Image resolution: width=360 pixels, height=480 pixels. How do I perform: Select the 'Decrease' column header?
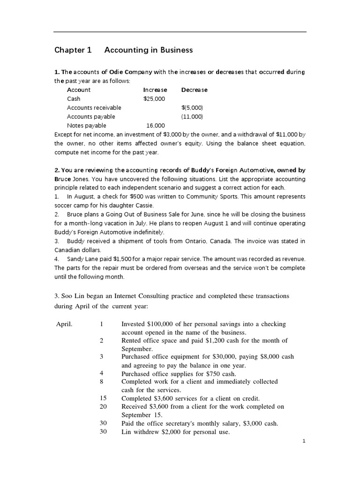point(194,90)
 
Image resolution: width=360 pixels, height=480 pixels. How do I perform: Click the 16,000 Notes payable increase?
point(156,125)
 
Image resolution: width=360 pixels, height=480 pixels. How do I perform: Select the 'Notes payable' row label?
point(87,125)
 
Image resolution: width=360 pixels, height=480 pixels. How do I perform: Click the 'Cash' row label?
point(74,98)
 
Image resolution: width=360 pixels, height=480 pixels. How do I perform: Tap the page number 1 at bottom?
point(304,441)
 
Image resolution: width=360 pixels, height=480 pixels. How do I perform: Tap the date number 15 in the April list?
point(104,398)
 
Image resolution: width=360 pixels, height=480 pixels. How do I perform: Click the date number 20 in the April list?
point(104,406)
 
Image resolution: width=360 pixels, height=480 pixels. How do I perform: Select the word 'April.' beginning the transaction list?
point(65,324)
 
